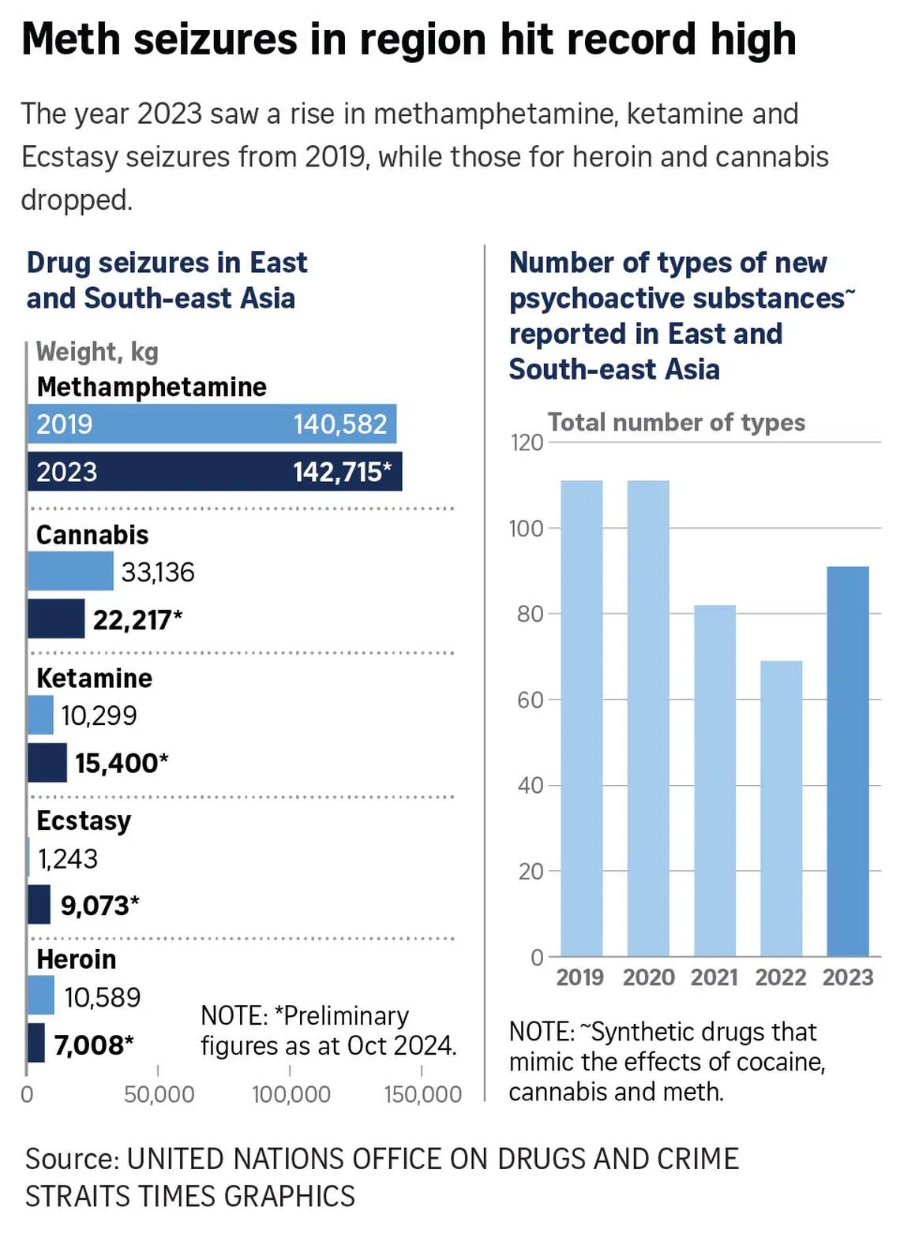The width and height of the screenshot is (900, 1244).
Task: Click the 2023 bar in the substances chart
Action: (847, 760)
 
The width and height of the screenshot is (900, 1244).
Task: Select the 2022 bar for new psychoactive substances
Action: (781, 808)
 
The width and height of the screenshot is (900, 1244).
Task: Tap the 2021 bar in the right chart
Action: (714, 780)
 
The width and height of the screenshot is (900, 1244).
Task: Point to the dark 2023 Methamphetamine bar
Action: (214, 472)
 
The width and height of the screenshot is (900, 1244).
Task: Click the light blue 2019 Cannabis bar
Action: (70, 571)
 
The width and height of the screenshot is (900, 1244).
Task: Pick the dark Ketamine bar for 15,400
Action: (47, 763)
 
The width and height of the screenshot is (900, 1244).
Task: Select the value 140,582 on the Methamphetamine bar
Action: (340, 424)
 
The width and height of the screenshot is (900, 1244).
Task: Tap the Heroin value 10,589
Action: (102, 997)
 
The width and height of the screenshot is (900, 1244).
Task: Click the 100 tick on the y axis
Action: (527, 529)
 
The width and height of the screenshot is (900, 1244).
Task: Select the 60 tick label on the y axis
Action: (530, 700)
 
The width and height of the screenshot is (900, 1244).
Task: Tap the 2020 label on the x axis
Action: (648, 977)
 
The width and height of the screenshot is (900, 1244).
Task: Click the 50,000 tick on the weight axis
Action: (159, 1094)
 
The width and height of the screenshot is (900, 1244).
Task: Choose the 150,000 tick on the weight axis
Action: (423, 1094)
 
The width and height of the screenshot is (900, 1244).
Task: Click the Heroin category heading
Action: (77, 959)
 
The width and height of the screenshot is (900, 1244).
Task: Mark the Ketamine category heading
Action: (94, 678)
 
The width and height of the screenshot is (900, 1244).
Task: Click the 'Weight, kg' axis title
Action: (97, 352)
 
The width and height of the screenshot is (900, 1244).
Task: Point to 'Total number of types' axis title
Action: (677, 423)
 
